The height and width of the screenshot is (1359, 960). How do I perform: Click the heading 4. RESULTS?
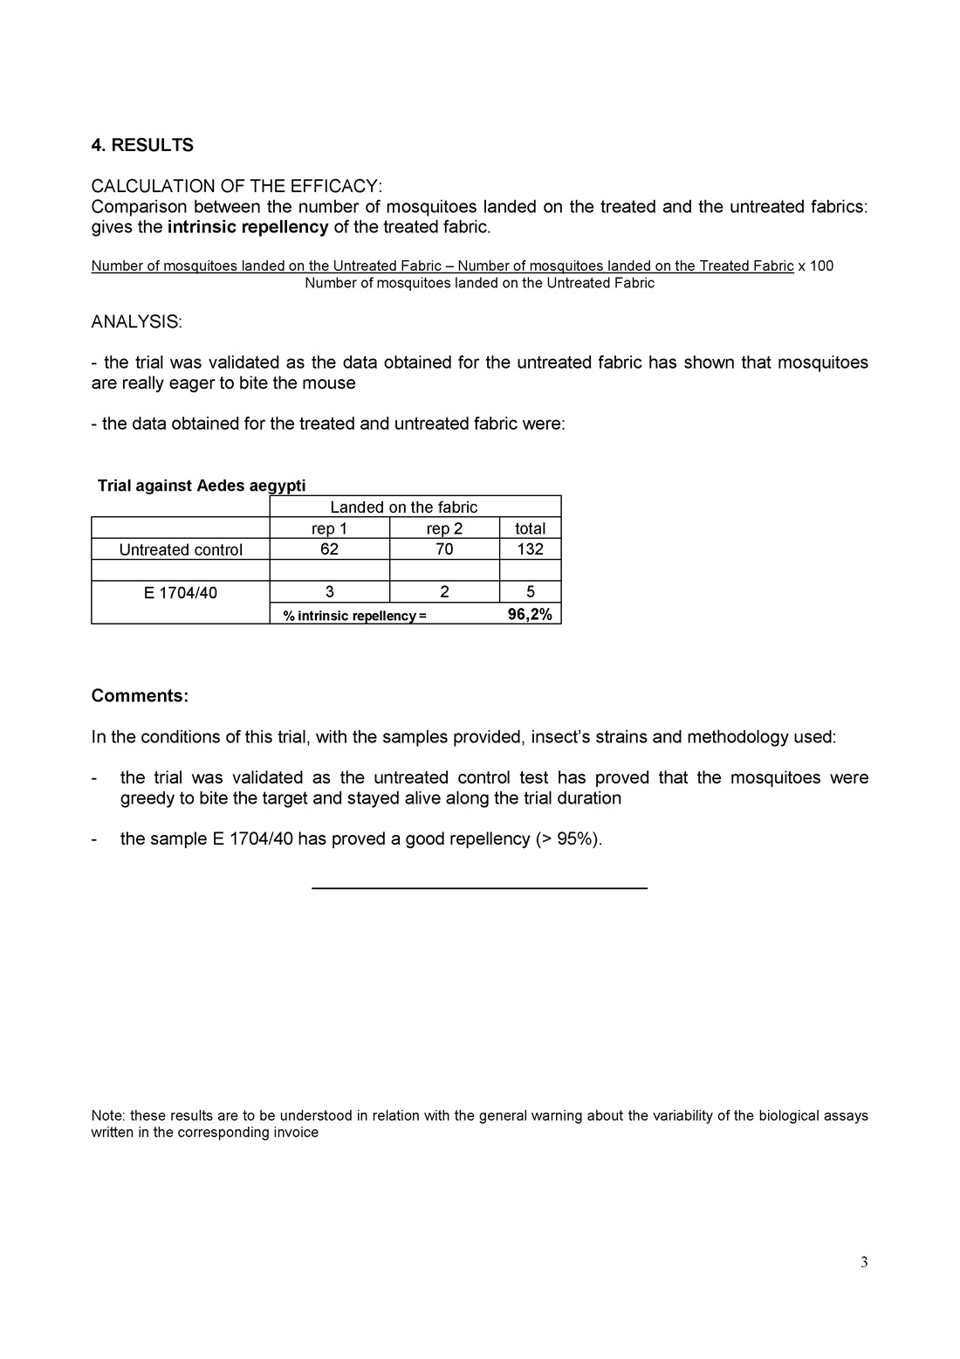pos(142,146)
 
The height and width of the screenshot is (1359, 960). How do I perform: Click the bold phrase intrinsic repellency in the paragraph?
pos(248,228)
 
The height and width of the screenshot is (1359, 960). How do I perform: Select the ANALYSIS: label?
pos(137,322)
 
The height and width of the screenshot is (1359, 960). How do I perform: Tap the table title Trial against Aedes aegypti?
pos(202,486)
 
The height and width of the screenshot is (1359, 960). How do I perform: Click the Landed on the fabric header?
pos(403,507)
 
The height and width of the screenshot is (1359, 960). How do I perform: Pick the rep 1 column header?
pos(329,528)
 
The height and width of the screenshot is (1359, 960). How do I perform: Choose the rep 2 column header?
pos(444,528)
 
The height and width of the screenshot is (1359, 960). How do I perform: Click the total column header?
pos(530,528)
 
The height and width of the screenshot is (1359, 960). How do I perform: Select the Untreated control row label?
pos(181,549)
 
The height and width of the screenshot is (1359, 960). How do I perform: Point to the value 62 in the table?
pos(329,549)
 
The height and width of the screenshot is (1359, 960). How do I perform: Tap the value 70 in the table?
pos(444,549)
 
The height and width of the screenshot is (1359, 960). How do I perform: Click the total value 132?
pos(530,549)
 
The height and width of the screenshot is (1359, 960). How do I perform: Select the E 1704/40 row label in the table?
pos(181,593)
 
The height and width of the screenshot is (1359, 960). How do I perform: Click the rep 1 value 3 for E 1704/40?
pos(329,593)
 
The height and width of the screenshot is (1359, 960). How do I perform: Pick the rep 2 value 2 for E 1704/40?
pos(444,593)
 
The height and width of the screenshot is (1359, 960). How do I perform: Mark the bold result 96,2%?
pos(530,615)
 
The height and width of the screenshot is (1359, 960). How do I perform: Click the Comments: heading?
pos(140,697)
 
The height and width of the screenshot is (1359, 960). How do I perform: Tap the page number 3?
pos(864,1262)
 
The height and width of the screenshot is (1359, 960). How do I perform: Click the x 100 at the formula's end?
pos(816,266)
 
